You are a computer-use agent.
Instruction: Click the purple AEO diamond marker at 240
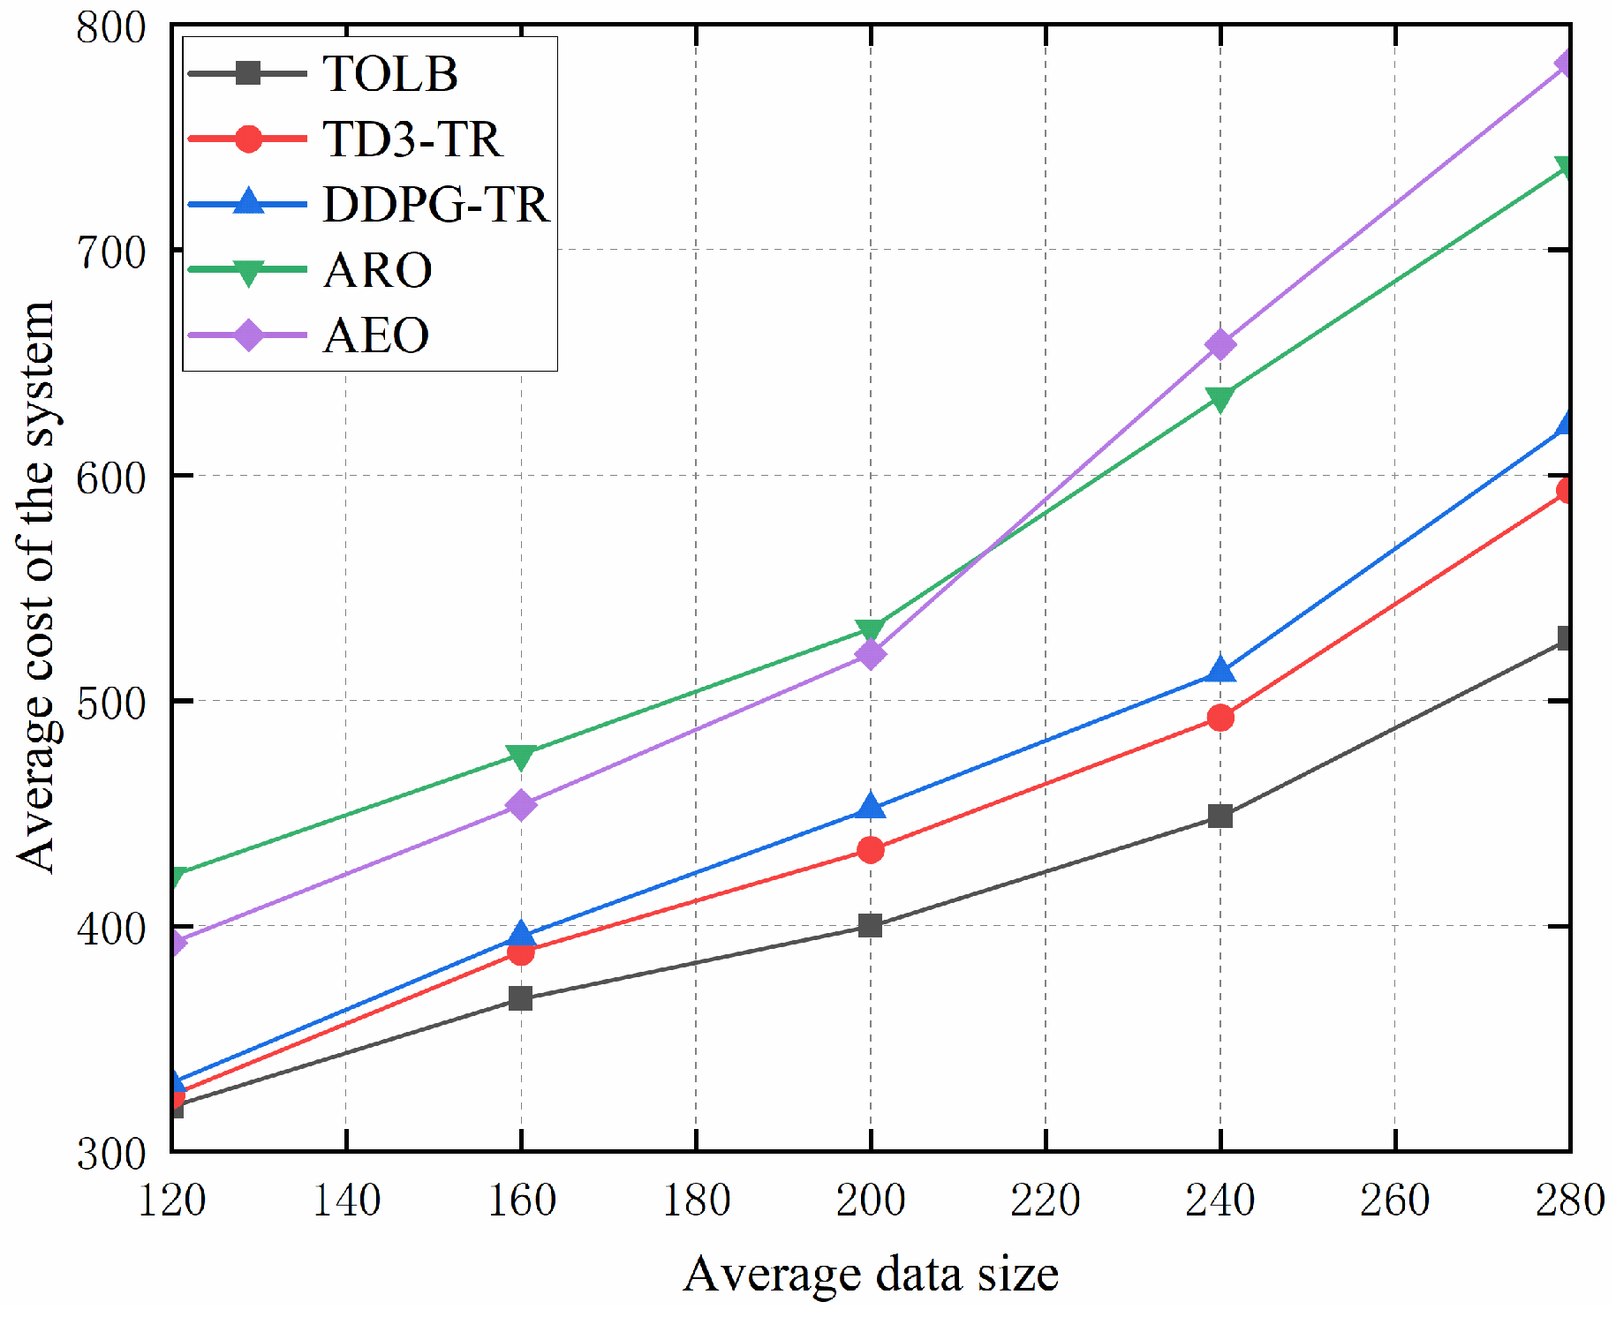pos(1220,344)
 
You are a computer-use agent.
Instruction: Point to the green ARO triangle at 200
pos(871,630)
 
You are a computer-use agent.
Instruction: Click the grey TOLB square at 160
pos(521,998)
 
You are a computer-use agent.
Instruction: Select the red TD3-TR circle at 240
pos(1220,718)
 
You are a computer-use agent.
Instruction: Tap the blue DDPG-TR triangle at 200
pos(871,806)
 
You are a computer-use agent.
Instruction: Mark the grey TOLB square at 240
pos(1220,816)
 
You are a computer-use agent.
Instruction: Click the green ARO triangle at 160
pos(521,756)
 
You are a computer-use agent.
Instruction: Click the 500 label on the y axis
pos(110,702)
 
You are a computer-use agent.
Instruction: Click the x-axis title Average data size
pos(870,1274)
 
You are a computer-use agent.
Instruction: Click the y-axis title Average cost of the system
pos(37,587)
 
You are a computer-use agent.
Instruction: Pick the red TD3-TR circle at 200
pos(871,850)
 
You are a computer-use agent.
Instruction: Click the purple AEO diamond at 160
pos(521,805)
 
